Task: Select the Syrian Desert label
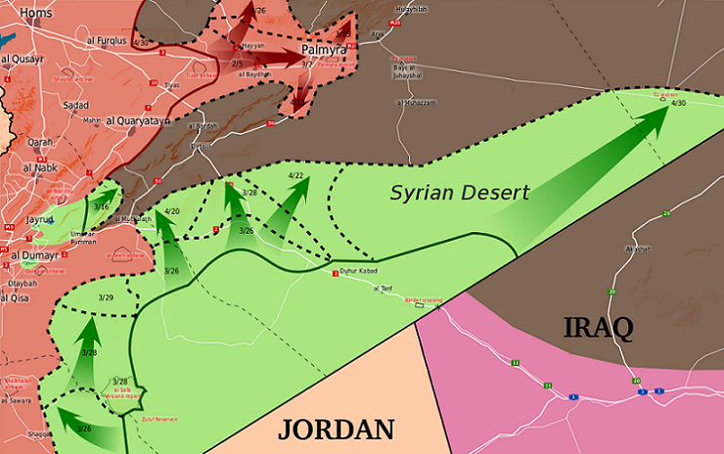(x=460, y=193)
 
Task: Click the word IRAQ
(x=599, y=326)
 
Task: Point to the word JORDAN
(x=337, y=428)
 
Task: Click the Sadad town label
(x=75, y=104)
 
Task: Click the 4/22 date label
(x=296, y=175)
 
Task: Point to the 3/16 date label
(x=102, y=206)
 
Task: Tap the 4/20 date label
(x=172, y=211)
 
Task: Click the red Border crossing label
(x=423, y=299)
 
